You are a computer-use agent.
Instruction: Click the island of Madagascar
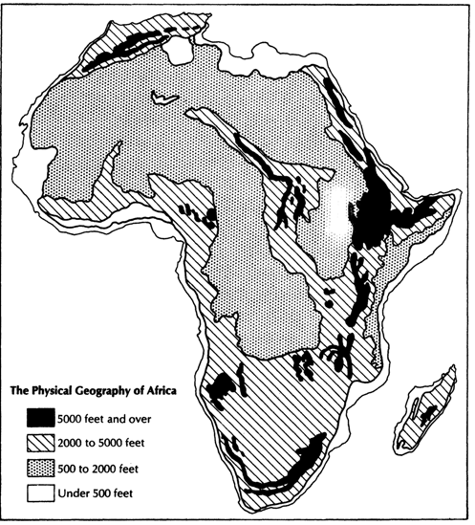(x=430, y=412)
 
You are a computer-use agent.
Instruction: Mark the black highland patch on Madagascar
(x=429, y=411)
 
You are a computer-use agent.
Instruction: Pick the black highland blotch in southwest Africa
(x=222, y=386)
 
